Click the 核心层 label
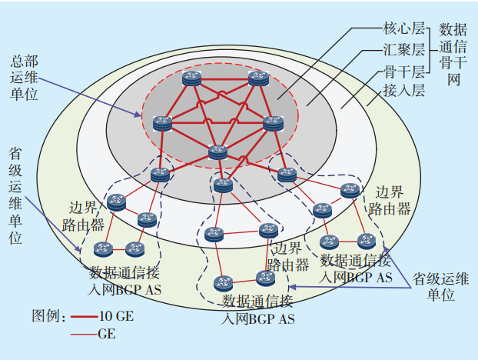[403, 30]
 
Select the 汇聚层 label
[403, 51]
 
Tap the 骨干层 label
[403, 72]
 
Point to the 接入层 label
[403, 92]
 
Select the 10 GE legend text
[116, 316]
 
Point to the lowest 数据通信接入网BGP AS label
[258, 308]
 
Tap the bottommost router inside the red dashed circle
[217, 152]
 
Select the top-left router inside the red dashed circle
[191, 78]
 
